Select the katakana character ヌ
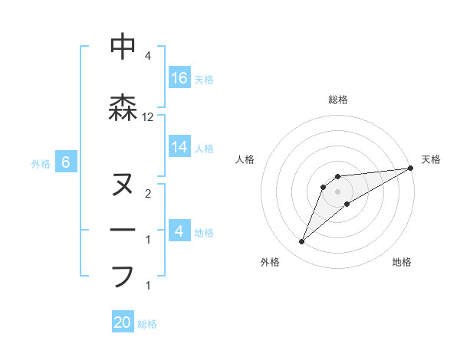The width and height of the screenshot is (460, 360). [123, 185]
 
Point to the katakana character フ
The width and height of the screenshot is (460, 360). [123, 276]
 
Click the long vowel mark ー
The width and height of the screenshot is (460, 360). [123, 231]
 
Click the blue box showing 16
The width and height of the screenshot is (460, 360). [179, 78]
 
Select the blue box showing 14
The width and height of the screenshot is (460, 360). [179, 146]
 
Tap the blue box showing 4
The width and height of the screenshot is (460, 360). [179, 231]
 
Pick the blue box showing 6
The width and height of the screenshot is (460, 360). [66, 162]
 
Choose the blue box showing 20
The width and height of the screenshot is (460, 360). [123, 322]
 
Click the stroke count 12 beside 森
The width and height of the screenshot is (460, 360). [148, 117]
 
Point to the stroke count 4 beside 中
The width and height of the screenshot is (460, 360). [148, 56]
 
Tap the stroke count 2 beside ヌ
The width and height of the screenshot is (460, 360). [148, 194]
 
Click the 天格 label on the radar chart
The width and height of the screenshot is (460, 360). [431, 159]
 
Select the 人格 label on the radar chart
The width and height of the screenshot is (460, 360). [245, 159]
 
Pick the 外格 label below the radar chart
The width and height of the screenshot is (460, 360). [270, 262]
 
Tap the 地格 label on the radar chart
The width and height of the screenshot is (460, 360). [402, 262]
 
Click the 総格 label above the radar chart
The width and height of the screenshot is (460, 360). [338, 100]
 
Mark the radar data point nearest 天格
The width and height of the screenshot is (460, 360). [411, 168]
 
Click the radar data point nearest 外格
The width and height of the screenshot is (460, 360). [302, 242]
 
